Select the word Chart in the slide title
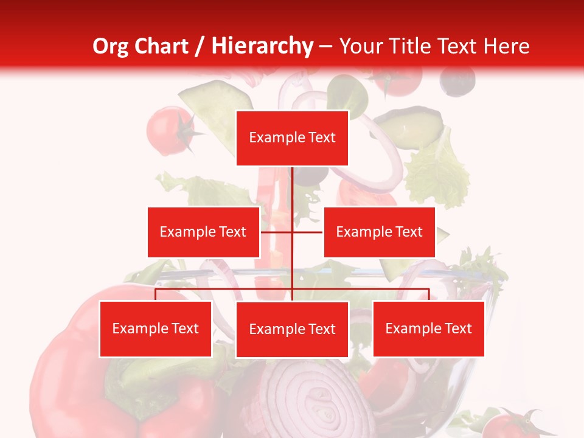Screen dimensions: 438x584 [161, 46]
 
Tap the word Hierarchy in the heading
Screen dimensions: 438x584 [262, 46]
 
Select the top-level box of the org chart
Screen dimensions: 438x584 [292, 138]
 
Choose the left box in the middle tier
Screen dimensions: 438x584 [203, 232]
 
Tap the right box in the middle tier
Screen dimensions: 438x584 [379, 232]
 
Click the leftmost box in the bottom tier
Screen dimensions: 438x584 [155, 328]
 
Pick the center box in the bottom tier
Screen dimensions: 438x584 [292, 329]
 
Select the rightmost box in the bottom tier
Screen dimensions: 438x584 [428, 328]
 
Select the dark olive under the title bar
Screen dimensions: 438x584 [457, 80]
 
